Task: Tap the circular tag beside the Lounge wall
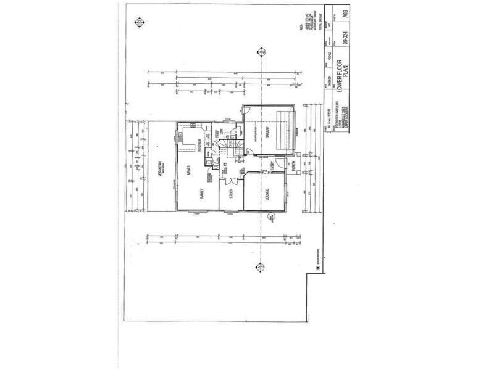click(x=270, y=217)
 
